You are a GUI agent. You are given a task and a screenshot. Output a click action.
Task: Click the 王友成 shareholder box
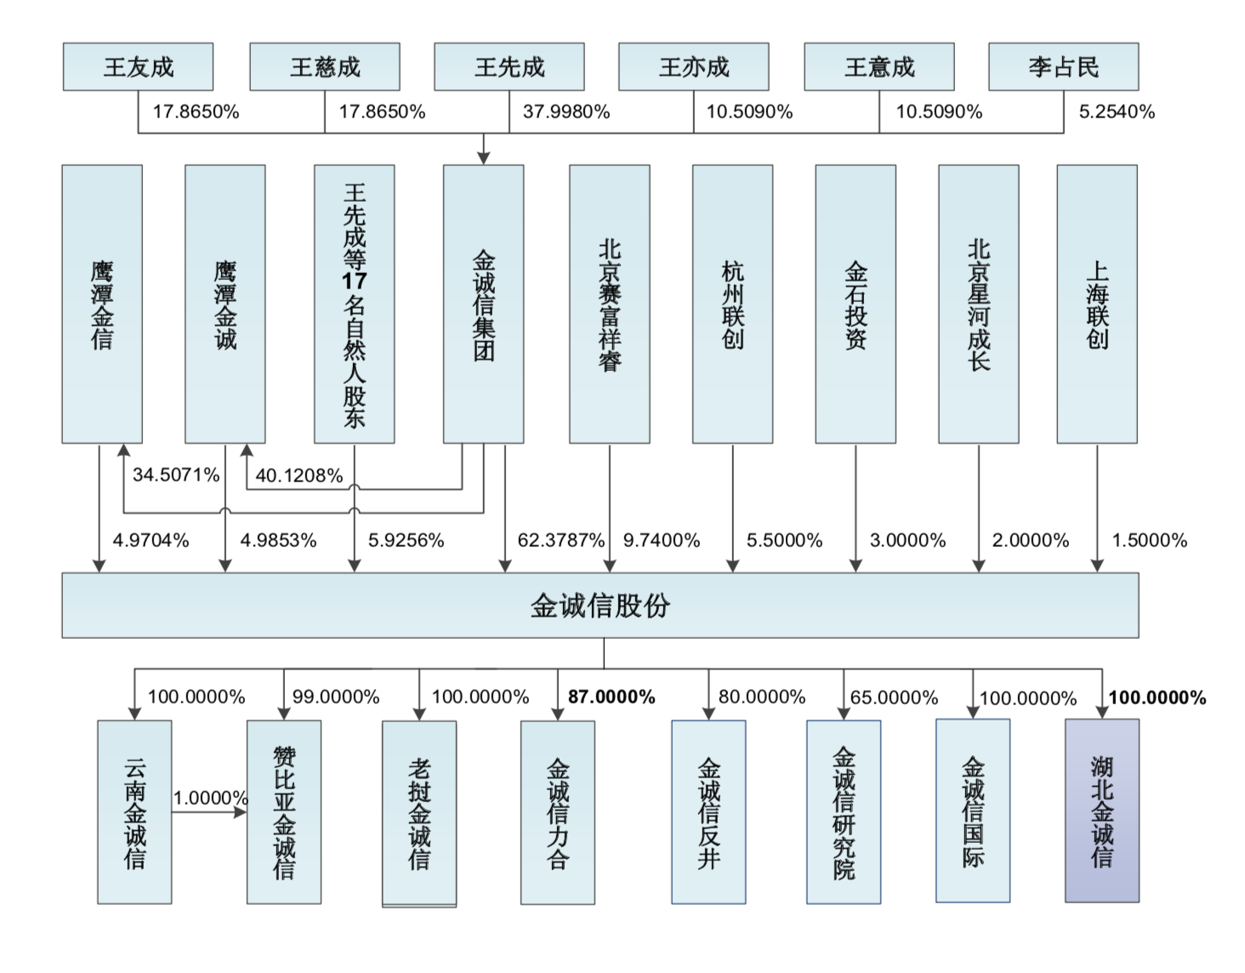pyautogui.click(x=138, y=67)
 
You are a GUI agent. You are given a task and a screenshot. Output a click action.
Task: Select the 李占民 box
pyautogui.click(x=1063, y=67)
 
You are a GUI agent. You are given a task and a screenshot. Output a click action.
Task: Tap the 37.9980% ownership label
pyautogui.click(x=566, y=112)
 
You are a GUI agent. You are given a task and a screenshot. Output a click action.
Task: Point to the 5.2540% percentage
pyautogui.click(x=1117, y=112)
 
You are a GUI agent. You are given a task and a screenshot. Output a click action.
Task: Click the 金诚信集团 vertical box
pyautogui.click(x=483, y=304)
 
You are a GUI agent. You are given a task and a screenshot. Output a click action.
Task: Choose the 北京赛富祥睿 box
pyautogui.click(x=609, y=304)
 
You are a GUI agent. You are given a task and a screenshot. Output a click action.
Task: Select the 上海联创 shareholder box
pyautogui.click(x=1096, y=304)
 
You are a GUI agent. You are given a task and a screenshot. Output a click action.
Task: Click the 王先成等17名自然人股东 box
pyautogui.click(x=354, y=304)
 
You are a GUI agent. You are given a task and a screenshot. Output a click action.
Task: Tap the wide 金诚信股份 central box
pyautogui.click(x=600, y=606)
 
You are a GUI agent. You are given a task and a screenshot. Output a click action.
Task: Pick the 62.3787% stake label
pyautogui.click(x=560, y=541)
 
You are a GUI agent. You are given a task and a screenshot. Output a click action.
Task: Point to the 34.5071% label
pyautogui.click(x=176, y=475)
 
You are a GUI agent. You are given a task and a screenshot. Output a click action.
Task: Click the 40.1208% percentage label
pyautogui.click(x=298, y=475)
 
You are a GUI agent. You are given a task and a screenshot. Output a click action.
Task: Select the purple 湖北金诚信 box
pyautogui.click(x=1101, y=811)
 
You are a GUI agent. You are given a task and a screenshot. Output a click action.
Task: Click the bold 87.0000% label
pyautogui.click(x=611, y=697)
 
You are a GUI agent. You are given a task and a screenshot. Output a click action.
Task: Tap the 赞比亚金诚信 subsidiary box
pyautogui.click(x=284, y=812)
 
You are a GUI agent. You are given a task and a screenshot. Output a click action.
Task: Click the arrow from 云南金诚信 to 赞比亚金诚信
pyautogui.click(x=208, y=812)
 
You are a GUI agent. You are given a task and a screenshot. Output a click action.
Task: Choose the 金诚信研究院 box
pyautogui.click(x=844, y=812)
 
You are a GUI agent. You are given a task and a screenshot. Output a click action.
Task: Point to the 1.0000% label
pyautogui.click(x=211, y=798)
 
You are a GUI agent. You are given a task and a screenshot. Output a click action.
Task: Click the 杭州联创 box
pyautogui.click(x=732, y=304)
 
